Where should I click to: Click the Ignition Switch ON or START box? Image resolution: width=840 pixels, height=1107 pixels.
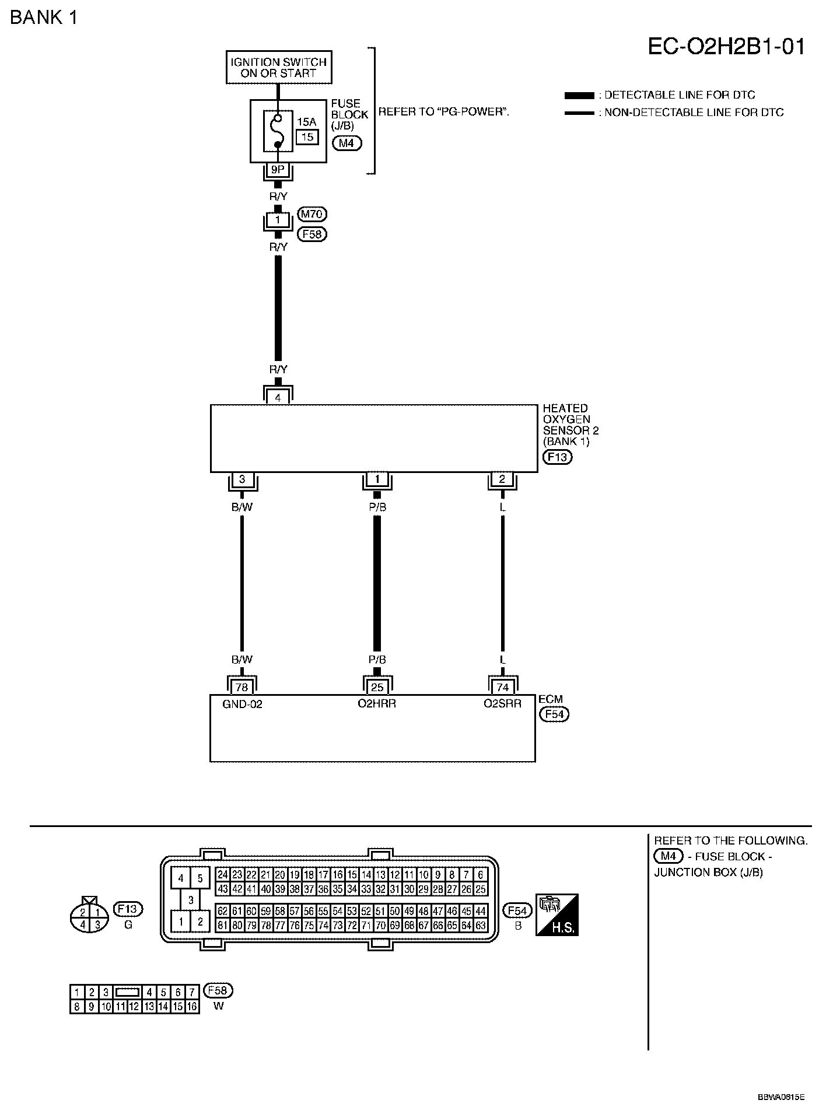tap(279, 68)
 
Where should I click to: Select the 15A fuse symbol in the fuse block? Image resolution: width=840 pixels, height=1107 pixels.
tap(278, 131)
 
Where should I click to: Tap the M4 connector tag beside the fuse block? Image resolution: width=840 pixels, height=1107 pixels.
tap(346, 142)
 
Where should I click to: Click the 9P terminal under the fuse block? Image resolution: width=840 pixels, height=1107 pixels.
tap(278, 170)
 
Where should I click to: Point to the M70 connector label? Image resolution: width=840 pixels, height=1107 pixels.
tap(311, 214)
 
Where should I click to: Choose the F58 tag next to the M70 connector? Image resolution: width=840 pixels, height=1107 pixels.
tap(311, 234)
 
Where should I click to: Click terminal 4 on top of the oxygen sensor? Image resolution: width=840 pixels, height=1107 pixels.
tap(278, 398)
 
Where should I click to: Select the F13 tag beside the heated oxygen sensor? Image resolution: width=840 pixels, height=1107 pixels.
tap(557, 457)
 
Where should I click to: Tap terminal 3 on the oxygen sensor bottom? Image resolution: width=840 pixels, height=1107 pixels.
tap(242, 480)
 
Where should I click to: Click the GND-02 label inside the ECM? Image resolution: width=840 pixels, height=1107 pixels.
tap(242, 704)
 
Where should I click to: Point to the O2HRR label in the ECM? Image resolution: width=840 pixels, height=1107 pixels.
tap(377, 704)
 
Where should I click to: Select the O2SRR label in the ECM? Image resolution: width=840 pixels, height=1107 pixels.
tap(502, 704)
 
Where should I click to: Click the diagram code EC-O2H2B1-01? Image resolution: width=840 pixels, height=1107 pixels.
tap(726, 47)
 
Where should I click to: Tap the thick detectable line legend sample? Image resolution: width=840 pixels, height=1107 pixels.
tap(579, 96)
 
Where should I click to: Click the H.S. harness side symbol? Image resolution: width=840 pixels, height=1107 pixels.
tap(557, 915)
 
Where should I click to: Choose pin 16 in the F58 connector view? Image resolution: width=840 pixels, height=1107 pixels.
tap(192, 1006)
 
